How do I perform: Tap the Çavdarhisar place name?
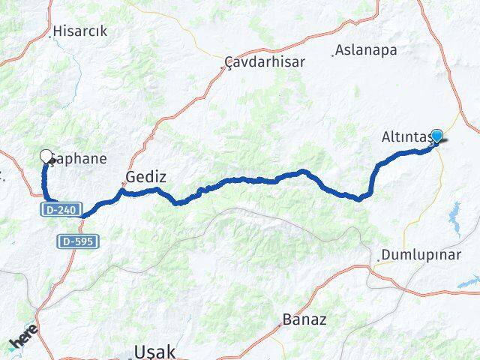click(265, 62)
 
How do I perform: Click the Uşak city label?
click(153, 351)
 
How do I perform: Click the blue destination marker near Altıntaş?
click(436, 136)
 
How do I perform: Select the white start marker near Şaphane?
click(46, 156)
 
